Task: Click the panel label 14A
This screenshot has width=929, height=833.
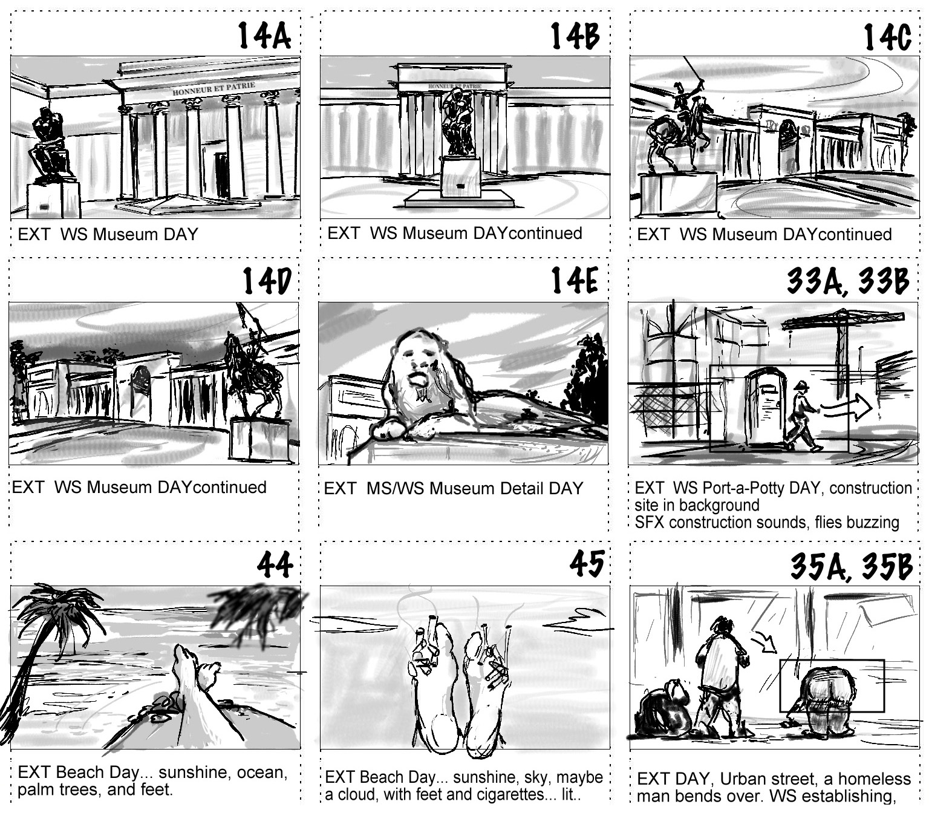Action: click(264, 36)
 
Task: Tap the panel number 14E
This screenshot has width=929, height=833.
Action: click(574, 280)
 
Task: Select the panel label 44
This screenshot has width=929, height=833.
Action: click(275, 564)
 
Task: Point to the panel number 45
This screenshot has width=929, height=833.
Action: click(586, 563)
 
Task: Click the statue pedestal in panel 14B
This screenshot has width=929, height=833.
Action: click(460, 177)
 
